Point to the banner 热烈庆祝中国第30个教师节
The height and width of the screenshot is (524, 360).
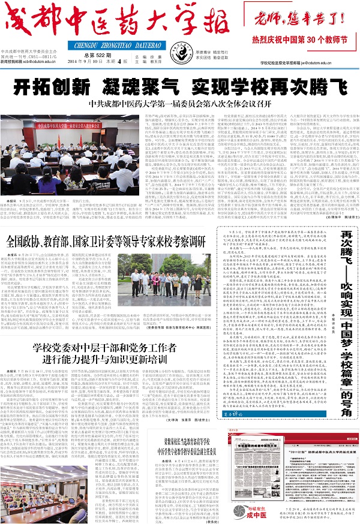click(x=307, y=42)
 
